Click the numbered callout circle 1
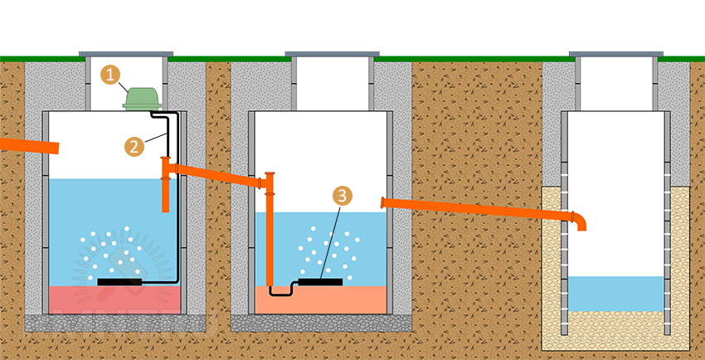pyautogui.click(x=110, y=74)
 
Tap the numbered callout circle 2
pyautogui.click(x=134, y=146)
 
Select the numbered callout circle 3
pyautogui.click(x=342, y=196)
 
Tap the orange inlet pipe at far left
pyautogui.click(x=29, y=146)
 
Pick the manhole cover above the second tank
pyautogui.click(x=332, y=55)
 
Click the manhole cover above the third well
pyautogui.click(x=616, y=55)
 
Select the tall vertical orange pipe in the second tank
pyautogui.click(x=270, y=236)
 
